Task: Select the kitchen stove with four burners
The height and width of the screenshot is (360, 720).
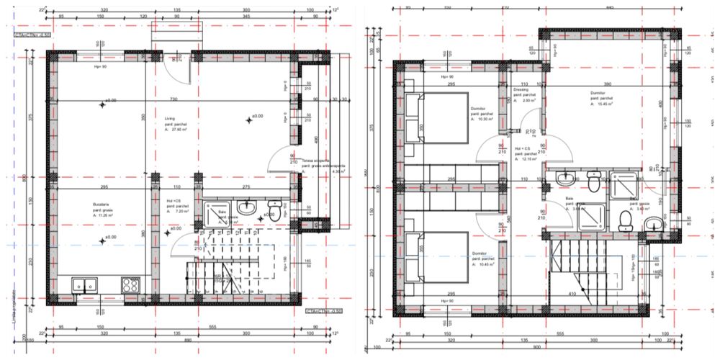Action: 130,284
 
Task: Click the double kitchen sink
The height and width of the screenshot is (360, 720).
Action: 85,284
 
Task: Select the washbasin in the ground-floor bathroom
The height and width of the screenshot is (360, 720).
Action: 247,210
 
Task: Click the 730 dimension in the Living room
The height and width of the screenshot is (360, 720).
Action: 173,99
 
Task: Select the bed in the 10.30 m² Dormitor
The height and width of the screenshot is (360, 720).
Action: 437,120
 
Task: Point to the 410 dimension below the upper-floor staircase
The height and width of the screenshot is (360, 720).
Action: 592,294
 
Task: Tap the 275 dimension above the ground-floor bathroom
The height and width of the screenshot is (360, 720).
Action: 246,187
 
